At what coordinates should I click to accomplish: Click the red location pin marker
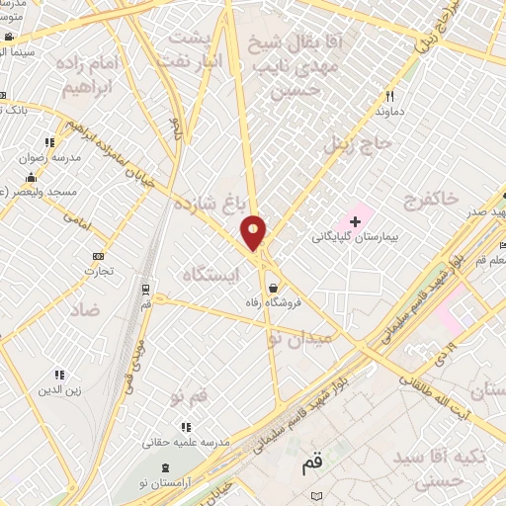coord(254,232)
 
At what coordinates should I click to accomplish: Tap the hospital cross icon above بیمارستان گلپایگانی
coord(356,219)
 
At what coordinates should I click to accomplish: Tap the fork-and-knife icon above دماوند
coord(389,96)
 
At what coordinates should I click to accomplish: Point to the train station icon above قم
coord(146,290)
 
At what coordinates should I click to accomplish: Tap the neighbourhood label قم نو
coord(188,396)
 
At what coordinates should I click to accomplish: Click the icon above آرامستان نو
coord(164,465)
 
